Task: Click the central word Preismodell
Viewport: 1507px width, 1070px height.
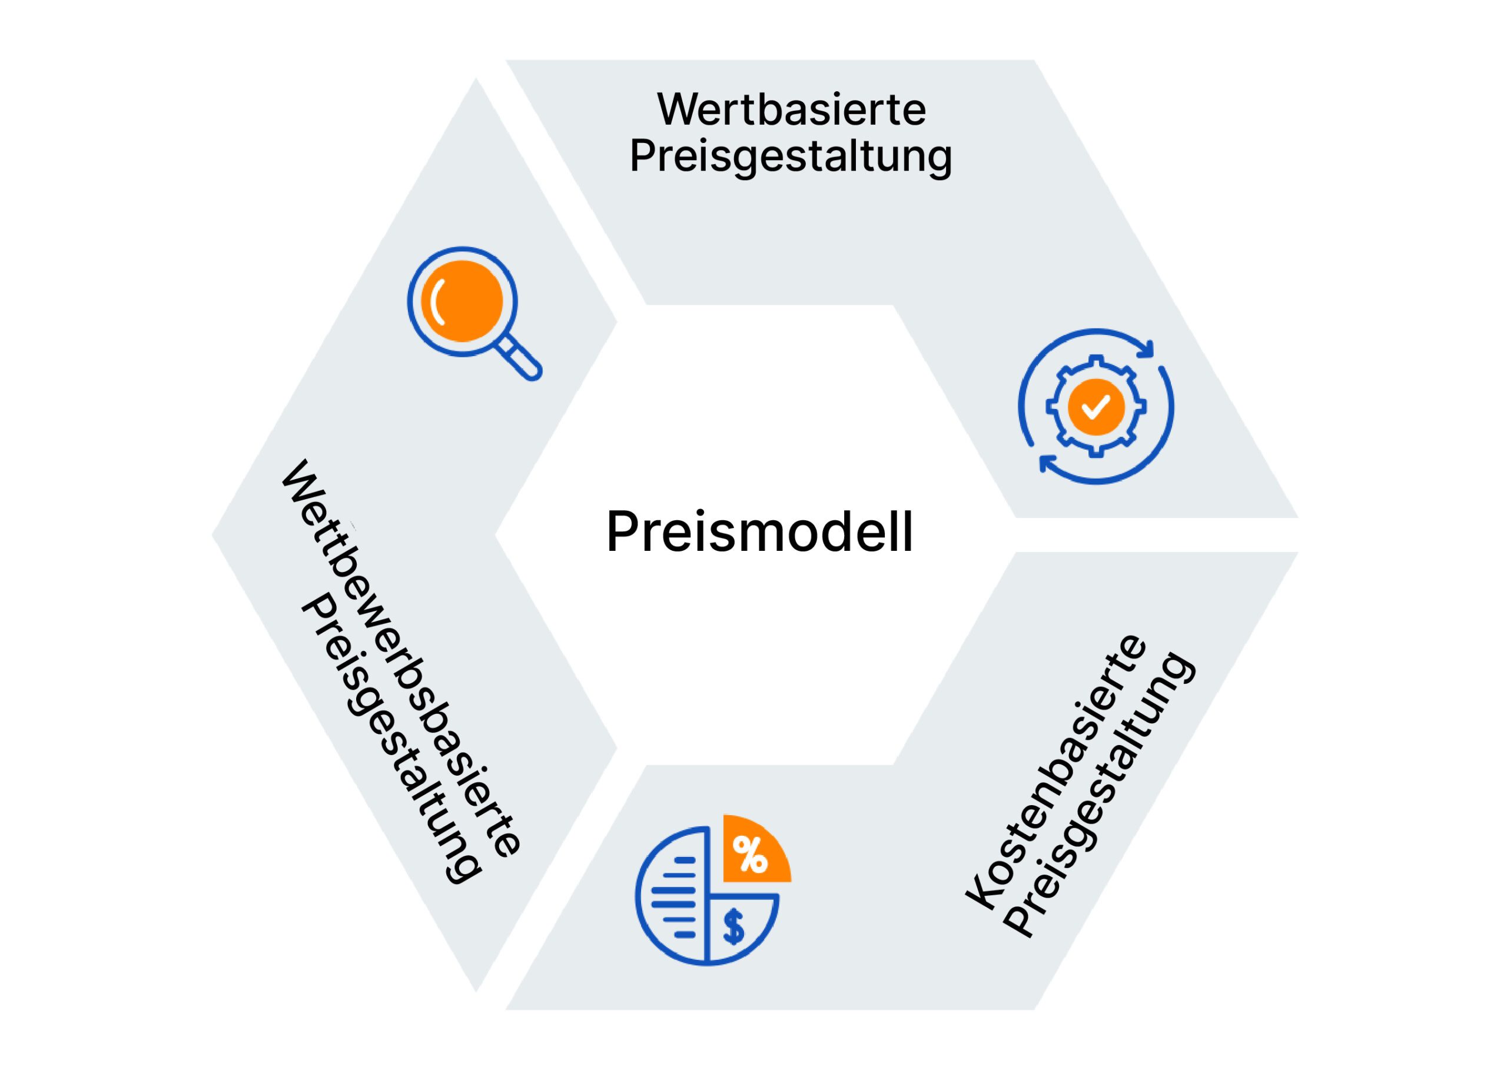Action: click(x=759, y=531)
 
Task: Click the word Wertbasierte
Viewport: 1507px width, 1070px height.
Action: click(x=791, y=109)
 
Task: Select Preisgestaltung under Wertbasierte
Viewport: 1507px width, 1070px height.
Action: click(x=791, y=157)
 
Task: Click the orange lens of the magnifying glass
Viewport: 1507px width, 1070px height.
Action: click(x=463, y=301)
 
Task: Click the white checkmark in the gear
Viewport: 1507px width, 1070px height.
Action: click(x=1096, y=407)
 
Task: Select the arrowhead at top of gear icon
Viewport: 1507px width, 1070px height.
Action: click(x=1147, y=348)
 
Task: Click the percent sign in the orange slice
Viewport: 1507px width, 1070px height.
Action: click(x=750, y=855)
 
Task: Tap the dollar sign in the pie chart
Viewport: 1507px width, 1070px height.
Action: click(x=733, y=927)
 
